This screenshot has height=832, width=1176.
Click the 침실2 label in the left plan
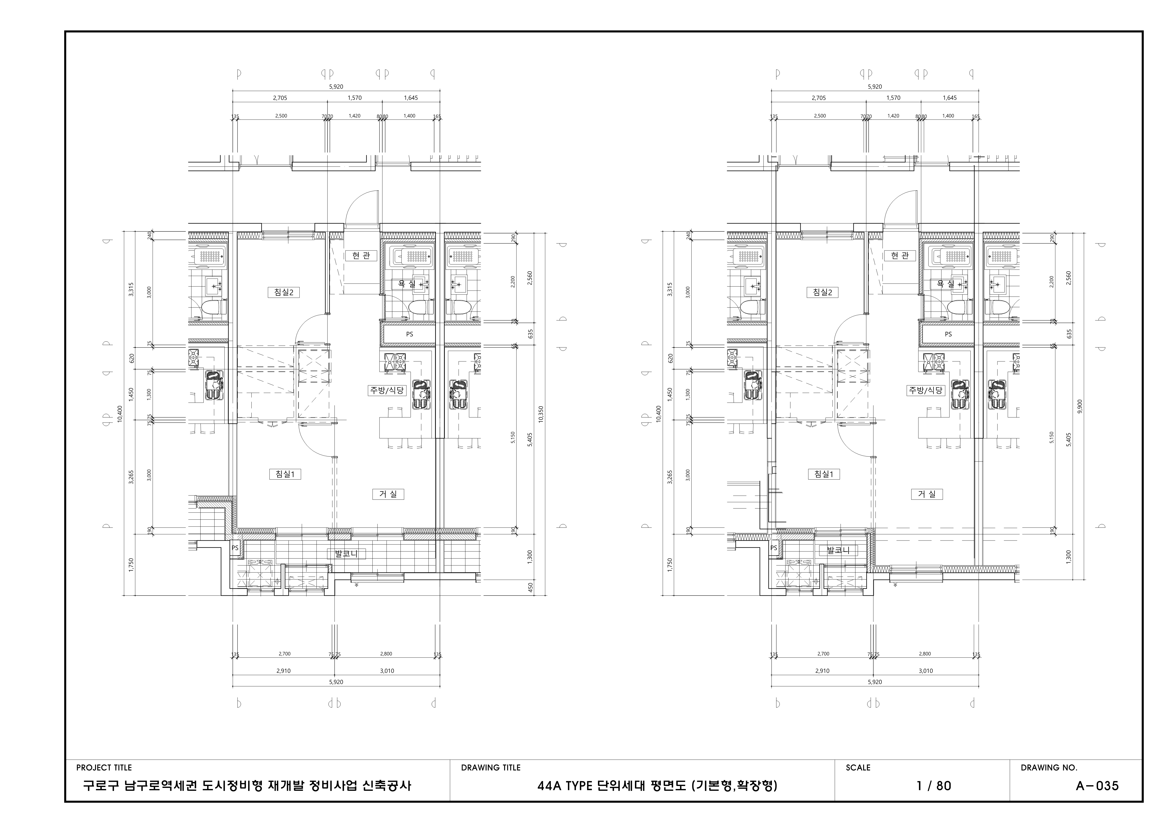tap(283, 293)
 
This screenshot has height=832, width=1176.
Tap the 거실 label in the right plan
tap(927, 494)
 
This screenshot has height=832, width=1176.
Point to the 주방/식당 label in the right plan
tap(925, 390)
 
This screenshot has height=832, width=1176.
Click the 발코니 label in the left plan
tap(346, 554)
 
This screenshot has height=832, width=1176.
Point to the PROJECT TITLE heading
tap(104, 767)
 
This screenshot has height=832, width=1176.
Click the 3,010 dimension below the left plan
tap(387, 670)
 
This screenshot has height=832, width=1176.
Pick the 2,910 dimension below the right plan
tap(822, 670)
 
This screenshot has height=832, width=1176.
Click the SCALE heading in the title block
tap(858, 767)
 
